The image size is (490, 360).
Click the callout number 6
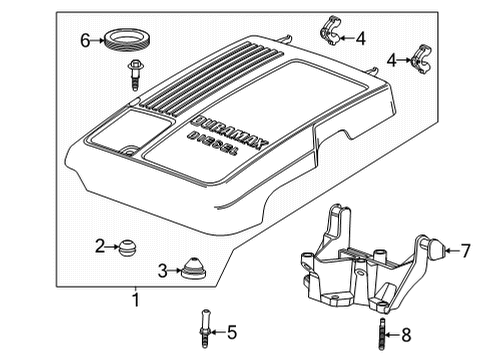click(85, 41)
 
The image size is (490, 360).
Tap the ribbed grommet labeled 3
click(193, 268)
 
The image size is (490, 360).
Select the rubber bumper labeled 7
click(435, 248)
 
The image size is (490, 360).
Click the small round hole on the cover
click(129, 151)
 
